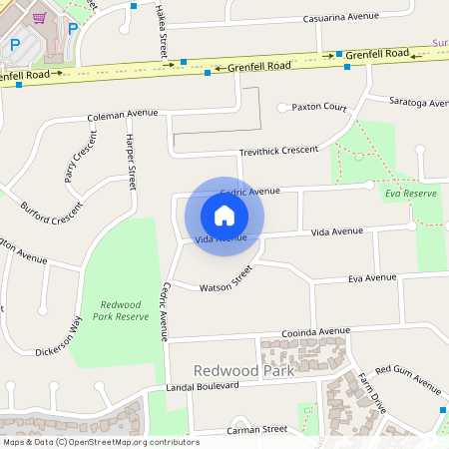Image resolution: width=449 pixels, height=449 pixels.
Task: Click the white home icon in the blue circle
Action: [224, 215]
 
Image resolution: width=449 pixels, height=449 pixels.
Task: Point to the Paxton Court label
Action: [318, 107]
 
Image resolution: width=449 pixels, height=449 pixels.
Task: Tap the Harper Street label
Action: [131, 164]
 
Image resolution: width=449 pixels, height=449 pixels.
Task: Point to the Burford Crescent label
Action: [52, 212]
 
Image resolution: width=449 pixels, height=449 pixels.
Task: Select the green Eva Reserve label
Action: [409, 193]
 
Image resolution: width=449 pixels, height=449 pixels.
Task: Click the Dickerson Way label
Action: [61, 336]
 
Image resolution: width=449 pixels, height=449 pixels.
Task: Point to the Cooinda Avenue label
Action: [314, 331]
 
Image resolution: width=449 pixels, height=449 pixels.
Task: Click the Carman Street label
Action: [256, 429]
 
